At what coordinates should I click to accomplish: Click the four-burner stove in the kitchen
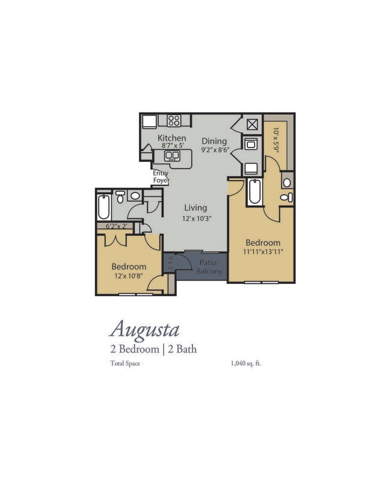click(x=174, y=121)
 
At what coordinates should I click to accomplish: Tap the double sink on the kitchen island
click(x=172, y=156)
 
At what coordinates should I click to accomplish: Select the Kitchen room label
click(x=172, y=138)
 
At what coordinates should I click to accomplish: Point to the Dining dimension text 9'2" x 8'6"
click(x=215, y=150)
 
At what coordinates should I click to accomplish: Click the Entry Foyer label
click(x=161, y=177)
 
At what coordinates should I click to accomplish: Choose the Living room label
click(x=195, y=208)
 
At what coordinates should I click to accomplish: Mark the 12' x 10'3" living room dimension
click(x=197, y=219)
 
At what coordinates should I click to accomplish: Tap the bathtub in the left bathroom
click(x=103, y=207)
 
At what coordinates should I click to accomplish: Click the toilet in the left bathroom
click(x=120, y=197)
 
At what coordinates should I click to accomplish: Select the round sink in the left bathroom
click(x=135, y=196)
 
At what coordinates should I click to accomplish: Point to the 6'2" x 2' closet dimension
click(x=117, y=226)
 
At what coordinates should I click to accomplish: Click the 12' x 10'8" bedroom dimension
click(x=129, y=276)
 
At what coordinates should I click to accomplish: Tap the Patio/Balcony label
click(x=209, y=267)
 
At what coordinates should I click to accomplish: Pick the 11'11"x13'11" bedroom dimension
click(x=263, y=252)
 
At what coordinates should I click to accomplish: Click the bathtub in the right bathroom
click(x=255, y=192)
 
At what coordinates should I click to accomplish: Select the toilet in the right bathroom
click(x=286, y=197)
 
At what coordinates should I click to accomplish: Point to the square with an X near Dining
click(x=252, y=125)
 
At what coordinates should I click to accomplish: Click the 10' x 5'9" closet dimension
click(x=276, y=140)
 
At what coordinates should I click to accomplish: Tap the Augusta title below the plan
click(x=144, y=330)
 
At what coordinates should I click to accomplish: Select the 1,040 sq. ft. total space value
click(x=245, y=363)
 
